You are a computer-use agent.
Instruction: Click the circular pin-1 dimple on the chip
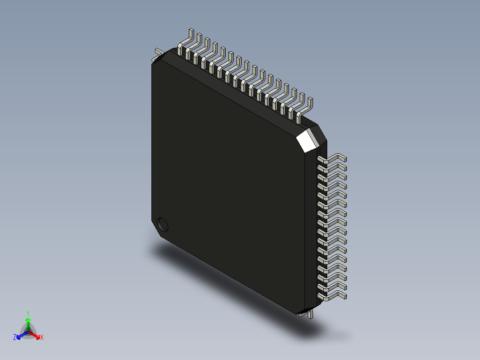(x=163, y=224)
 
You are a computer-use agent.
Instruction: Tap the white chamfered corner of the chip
(x=307, y=139)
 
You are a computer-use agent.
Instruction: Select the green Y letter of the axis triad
(x=28, y=313)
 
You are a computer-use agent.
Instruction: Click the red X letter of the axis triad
(x=42, y=338)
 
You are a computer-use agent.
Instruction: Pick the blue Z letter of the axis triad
(x=15, y=338)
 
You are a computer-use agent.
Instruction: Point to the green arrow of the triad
(x=28, y=322)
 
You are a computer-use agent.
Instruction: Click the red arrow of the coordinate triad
(x=35, y=334)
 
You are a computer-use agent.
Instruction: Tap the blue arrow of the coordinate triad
(x=21, y=334)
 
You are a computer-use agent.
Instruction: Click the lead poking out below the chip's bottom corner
(x=309, y=315)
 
